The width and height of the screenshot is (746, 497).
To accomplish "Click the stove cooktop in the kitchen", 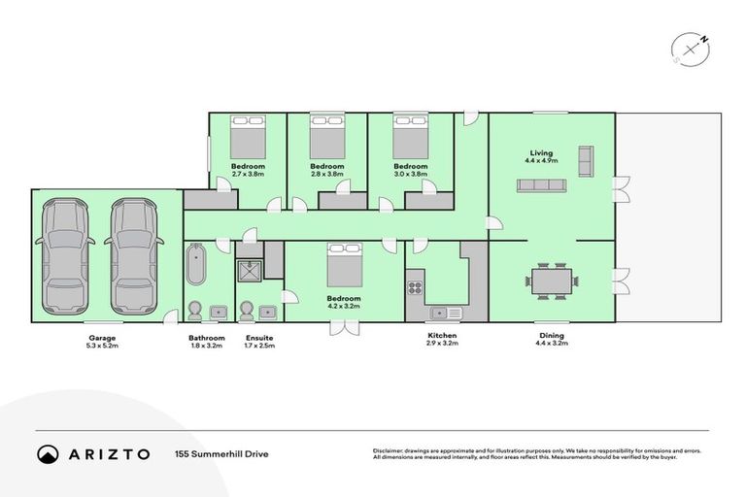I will click(415, 286).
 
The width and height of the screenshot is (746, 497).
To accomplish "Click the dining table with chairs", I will click(553, 281).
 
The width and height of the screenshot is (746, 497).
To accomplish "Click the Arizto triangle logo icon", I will click(48, 453).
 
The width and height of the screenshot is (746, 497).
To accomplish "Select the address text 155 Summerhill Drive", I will click(221, 453).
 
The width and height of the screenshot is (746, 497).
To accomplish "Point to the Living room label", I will click(541, 152).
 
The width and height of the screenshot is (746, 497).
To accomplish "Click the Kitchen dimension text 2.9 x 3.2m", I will click(442, 344).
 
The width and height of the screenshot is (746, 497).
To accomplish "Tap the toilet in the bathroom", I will click(194, 310).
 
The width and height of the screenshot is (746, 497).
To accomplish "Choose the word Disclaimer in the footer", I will click(390, 450).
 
